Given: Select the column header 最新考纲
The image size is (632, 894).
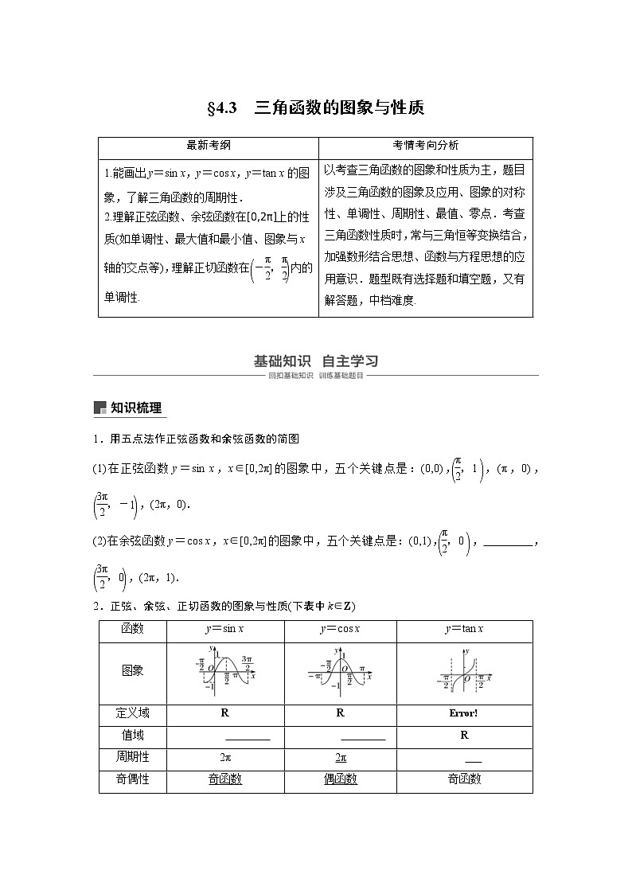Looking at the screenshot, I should coord(209,146).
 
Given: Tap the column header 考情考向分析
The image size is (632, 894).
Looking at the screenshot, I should coord(425,146).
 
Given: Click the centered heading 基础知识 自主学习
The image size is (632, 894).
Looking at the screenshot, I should coord(315,361).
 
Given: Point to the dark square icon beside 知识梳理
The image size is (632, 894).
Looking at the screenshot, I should coord(99,408).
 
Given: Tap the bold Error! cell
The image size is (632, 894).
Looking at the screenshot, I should coord(464,713).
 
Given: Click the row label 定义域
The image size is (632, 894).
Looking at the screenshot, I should coord(133,713).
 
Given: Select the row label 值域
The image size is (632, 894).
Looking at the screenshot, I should coord(133,736).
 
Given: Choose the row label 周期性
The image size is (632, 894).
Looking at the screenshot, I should coord(133,758).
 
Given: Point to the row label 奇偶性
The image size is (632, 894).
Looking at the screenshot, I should coord(133,779).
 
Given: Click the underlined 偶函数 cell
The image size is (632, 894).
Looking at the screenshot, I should coord(340,779).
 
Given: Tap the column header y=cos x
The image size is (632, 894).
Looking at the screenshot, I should coord(340,629).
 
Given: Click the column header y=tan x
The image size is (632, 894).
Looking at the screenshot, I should coord(464,629).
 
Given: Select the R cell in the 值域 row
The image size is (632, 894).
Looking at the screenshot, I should coord(464,736).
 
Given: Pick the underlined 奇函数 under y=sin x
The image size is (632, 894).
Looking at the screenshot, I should coord(225,779).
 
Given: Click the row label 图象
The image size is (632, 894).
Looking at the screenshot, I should coord(133,671).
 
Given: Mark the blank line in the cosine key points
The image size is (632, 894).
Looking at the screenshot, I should coord(507,545).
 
